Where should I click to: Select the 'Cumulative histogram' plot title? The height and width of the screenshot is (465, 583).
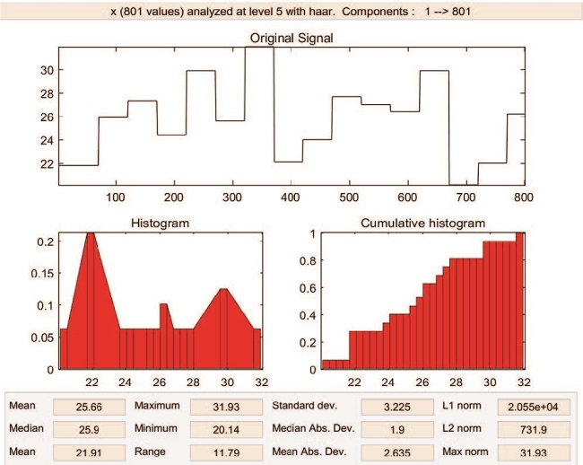tap(422, 223)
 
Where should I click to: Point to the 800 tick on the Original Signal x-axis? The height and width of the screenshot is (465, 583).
tap(525, 195)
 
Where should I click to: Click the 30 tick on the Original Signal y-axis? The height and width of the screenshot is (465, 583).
tap(47, 70)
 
